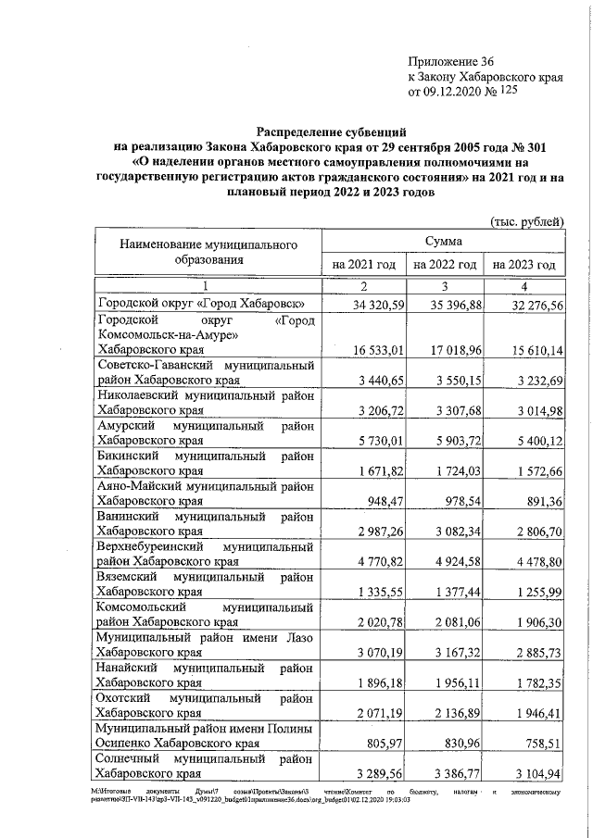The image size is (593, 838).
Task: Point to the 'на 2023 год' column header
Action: (x=524, y=265)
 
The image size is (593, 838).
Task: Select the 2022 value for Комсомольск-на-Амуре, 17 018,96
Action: (x=446, y=351)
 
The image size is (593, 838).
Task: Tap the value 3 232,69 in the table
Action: (x=527, y=381)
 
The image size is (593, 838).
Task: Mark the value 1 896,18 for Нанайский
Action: (x=371, y=683)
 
